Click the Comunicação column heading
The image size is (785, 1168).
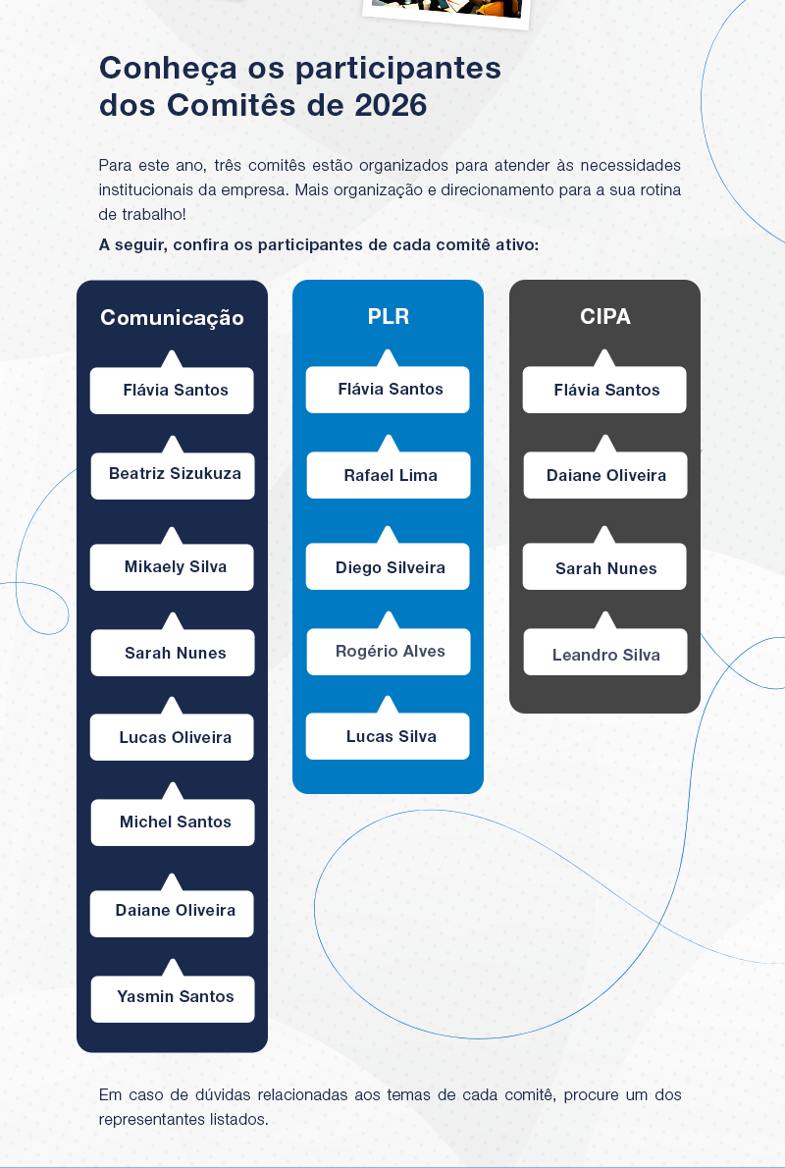pyautogui.click(x=172, y=318)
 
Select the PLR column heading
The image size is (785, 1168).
pyautogui.click(x=388, y=317)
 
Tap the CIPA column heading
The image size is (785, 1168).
pyautogui.click(x=604, y=317)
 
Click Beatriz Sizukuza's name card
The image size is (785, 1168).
pyautogui.click(x=173, y=474)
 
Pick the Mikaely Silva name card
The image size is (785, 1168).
pyautogui.click(x=173, y=567)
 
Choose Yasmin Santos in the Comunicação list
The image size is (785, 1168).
pyautogui.click(x=173, y=997)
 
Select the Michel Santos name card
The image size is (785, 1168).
pyautogui.click(x=173, y=823)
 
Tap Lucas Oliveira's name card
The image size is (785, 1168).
pyautogui.click(x=173, y=738)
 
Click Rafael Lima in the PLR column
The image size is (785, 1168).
pyautogui.click(x=389, y=476)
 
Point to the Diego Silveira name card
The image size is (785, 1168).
pyautogui.click(x=389, y=568)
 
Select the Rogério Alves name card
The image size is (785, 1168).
pyautogui.click(x=389, y=652)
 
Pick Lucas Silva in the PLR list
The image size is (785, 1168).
pyautogui.click(x=389, y=737)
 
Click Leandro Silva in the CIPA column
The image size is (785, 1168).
pyautogui.click(x=604, y=656)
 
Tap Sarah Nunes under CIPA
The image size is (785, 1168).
pyautogui.click(x=604, y=569)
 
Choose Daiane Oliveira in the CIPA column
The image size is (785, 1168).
pyautogui.click(x=604, y=476)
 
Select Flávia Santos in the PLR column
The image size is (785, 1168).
pyautogui.click(x=389, y=390)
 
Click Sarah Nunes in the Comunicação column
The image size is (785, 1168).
pyautogui.click(x=173, y=654)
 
